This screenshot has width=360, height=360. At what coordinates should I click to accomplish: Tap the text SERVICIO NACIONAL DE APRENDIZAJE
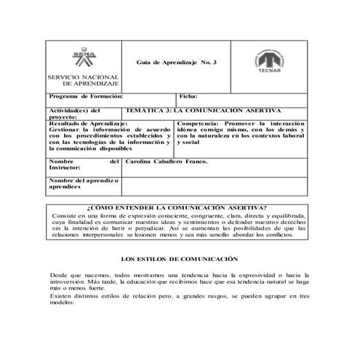pos(78,81)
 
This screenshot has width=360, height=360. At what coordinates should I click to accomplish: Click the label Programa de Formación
pos(86,96)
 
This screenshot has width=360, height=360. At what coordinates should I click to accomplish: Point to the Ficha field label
pos(188,96)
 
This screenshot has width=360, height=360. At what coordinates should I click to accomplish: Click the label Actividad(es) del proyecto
pos(73,113)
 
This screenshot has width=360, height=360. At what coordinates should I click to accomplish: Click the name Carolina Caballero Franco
pos(167,161)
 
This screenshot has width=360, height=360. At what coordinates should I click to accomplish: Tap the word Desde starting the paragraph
pos(59,277)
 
